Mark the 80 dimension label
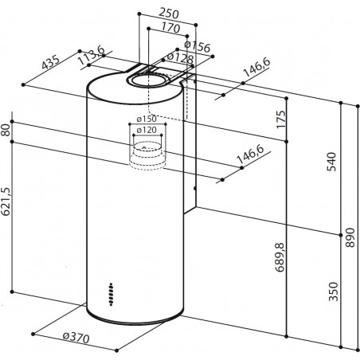click(7, 131)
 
